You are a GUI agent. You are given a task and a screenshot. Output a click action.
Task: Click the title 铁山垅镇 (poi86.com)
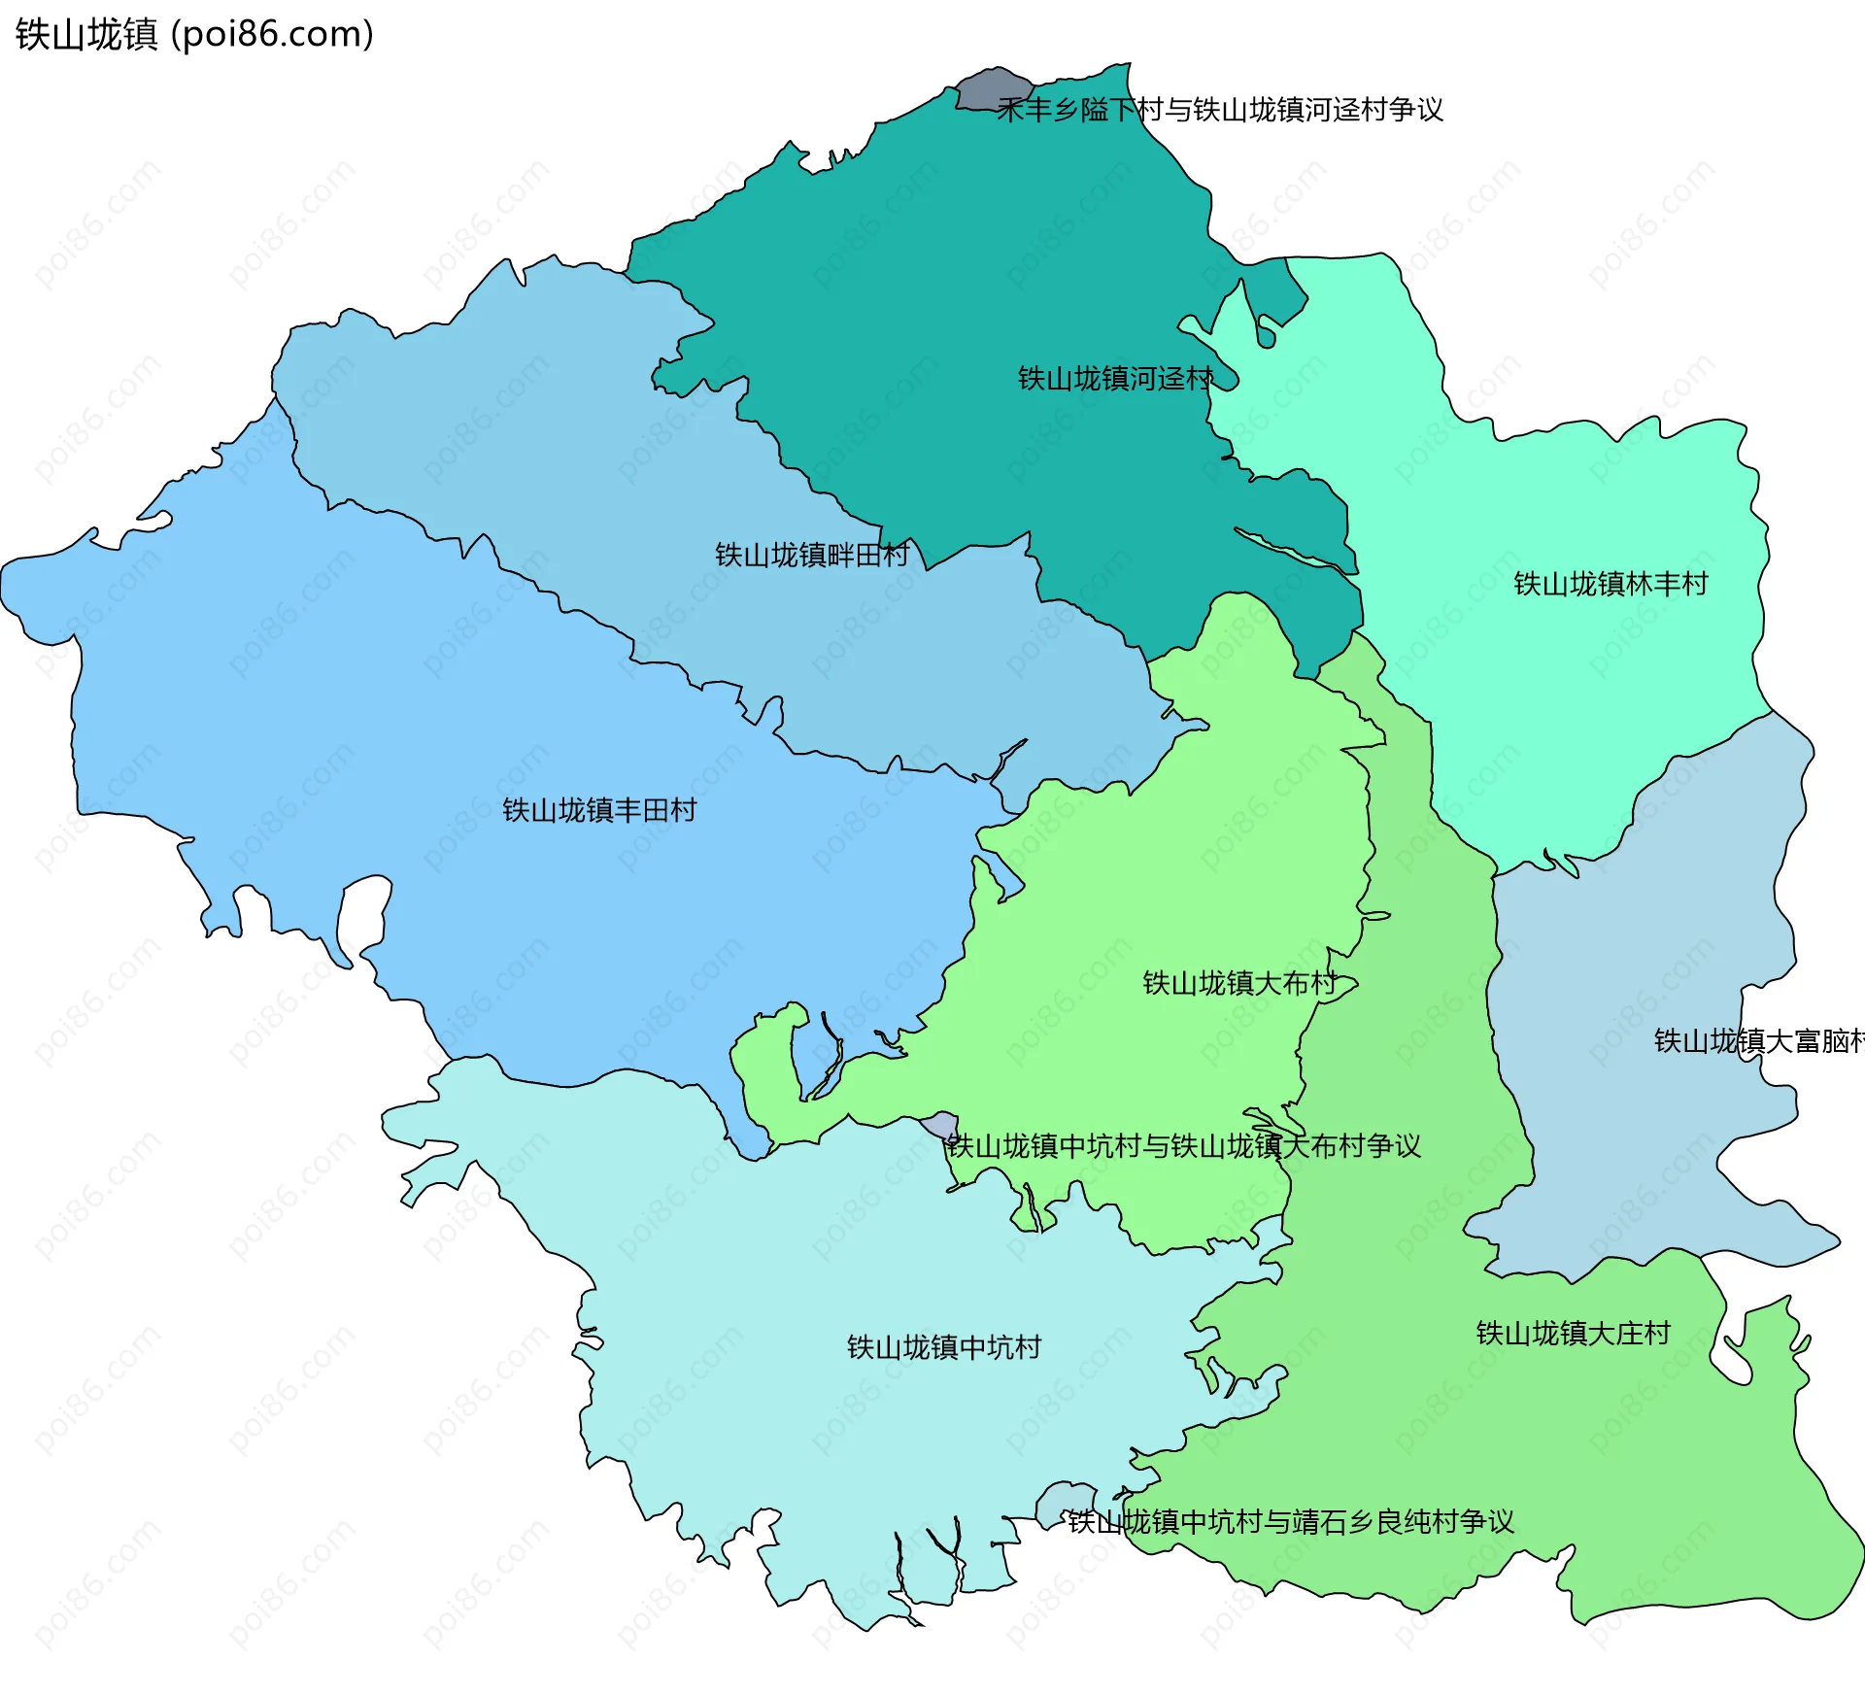pos(194,35)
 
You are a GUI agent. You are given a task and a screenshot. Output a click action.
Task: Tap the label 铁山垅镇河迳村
pos(1115,379)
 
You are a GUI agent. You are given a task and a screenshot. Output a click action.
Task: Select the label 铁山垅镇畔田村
pos(812,555)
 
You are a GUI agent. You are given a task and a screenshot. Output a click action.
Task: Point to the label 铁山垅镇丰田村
pos(599,810)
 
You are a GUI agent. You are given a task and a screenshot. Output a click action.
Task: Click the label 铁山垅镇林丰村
pos(1611,584)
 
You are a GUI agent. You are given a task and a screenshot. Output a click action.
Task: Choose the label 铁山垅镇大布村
pos(1240,983)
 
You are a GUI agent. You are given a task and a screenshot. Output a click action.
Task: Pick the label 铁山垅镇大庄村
pos(1573,1333)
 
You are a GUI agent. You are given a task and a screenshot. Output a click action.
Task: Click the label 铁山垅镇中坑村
pos(943,1347)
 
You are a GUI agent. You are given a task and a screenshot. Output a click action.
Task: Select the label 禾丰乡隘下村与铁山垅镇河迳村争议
pos(1220,110)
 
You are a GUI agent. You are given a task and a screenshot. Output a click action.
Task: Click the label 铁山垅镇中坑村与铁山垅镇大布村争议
pos(1184,1146)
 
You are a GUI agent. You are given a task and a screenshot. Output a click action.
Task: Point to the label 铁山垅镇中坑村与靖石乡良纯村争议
pos(1291,1522)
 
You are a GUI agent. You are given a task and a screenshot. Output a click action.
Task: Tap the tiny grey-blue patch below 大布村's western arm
pos(940,1126)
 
